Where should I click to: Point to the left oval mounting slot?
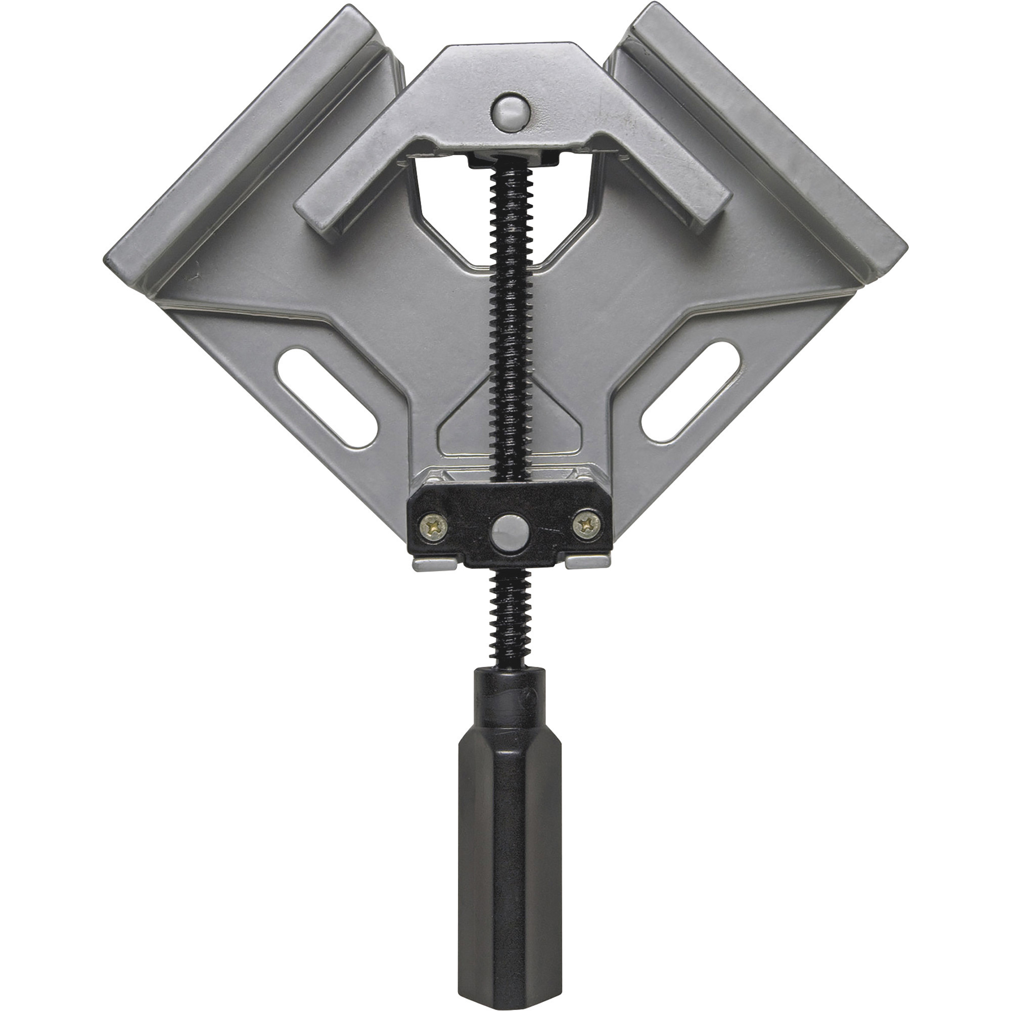(x=328, y=398)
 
